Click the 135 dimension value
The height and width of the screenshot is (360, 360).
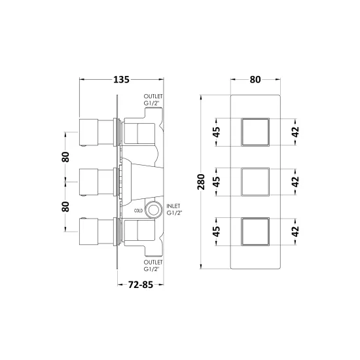pos(122,80)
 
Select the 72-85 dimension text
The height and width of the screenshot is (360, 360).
pos(141,285)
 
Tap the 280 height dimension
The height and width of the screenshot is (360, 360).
pos(201,182)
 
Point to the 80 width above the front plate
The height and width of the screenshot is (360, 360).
pos(255,80)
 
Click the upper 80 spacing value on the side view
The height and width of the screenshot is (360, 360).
pos(65,157)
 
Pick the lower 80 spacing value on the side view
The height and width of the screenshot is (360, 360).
pos(65,207)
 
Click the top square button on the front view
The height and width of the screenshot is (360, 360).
pos(255,132)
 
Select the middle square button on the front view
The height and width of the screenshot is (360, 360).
pos(255,182)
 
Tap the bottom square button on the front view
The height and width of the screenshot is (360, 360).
pos(255,232)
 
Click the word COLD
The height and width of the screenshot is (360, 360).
pos(138,211)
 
